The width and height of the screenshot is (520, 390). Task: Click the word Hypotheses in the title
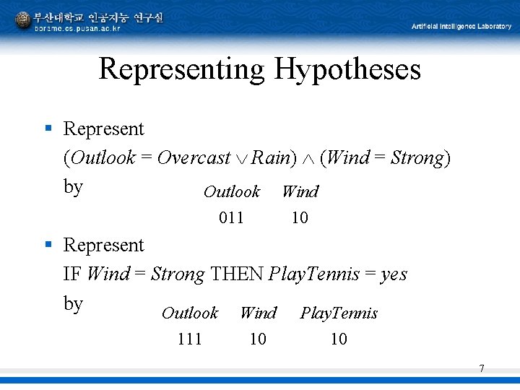pos(347,70)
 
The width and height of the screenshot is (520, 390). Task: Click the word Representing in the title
pos(182,70)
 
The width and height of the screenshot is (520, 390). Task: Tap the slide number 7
pos(482,369)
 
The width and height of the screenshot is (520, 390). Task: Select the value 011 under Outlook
pos(231,217)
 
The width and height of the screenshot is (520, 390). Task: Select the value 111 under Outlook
pos(189,339)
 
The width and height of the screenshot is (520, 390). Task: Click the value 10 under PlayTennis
pos(339,339)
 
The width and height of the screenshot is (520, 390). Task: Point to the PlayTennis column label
pos(339,313)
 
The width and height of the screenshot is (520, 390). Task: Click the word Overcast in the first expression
pos(194,158)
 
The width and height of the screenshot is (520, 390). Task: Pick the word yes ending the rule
pos(394,275)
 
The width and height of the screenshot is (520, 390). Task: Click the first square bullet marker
pos(48,129)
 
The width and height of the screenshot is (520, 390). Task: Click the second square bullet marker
pos(48,245)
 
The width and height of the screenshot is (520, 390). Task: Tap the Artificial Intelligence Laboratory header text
pos(461,27)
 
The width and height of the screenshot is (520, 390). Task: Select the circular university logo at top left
pos(22,20)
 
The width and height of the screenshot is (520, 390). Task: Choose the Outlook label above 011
pos(231,192)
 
